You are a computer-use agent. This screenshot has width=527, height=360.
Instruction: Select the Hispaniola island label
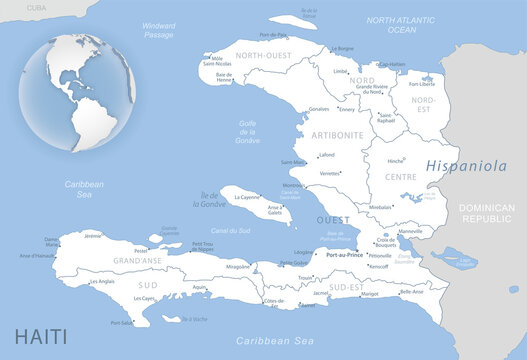[x=465, y=166]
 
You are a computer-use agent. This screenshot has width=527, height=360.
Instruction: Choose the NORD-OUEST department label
[x=261, y=56]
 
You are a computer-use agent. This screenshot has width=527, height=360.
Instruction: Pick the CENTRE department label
[x=399, y=177]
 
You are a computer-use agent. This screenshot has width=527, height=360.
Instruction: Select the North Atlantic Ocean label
[x=402, y=25]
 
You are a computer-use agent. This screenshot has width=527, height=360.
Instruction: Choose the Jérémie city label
[x=93, y=236]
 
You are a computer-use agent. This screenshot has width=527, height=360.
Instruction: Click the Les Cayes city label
[x=144, y=298]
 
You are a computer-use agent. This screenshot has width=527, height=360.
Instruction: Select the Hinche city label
[x=396, y=161]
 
